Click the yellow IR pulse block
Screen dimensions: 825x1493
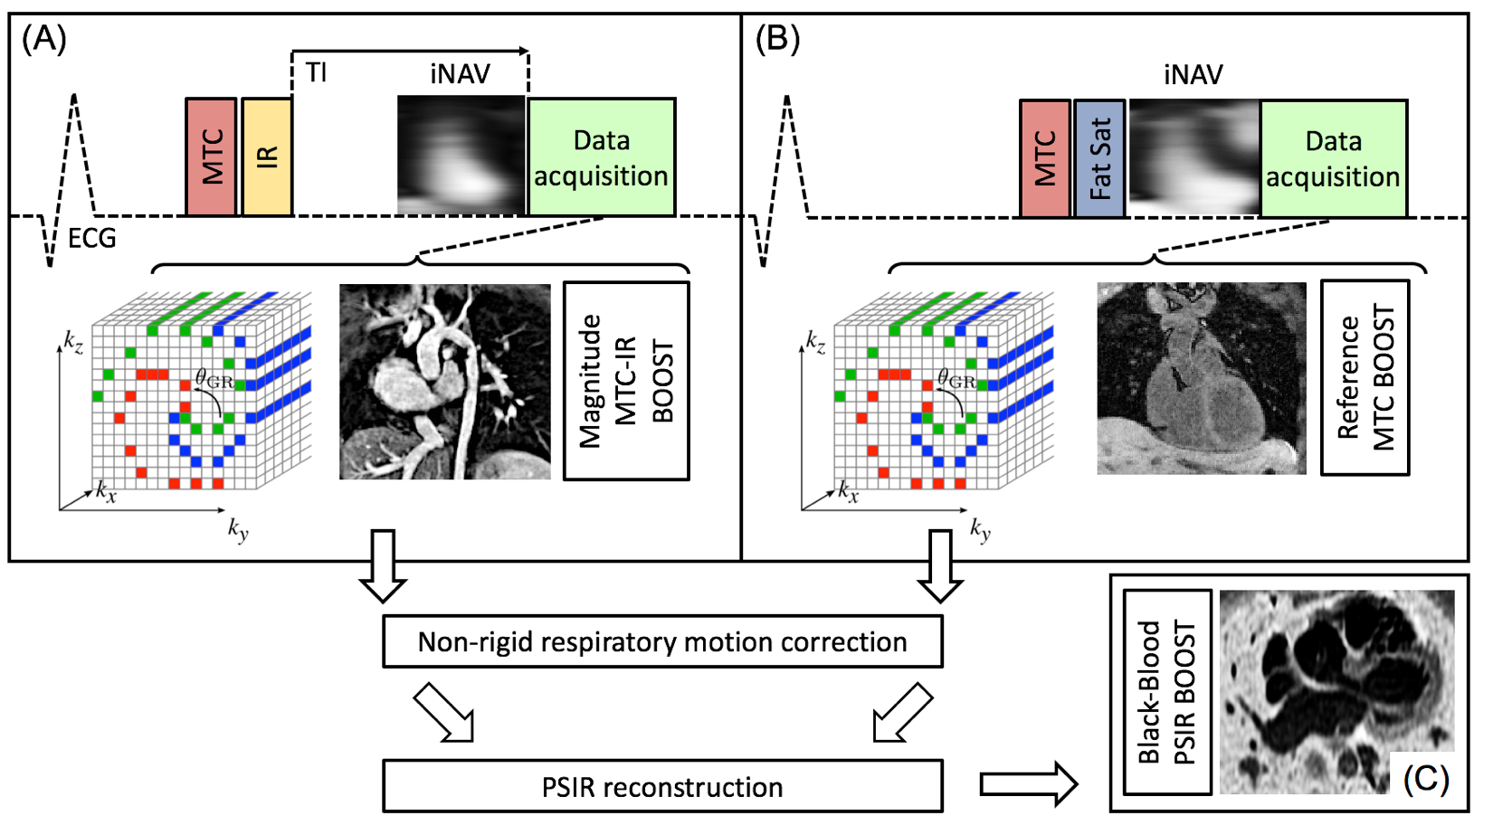point(267,157)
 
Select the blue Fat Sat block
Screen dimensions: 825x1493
point(1099,158)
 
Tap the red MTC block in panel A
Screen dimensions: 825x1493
point(211,157)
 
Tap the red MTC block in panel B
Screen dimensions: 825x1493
point(1045,158)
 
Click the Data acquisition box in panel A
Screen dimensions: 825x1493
point(602,157)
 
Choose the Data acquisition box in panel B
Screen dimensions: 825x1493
point(1334,158)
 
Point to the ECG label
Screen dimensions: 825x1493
point(92,239)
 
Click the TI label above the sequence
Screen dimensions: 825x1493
point(316,72)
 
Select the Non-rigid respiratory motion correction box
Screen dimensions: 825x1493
point(662,642)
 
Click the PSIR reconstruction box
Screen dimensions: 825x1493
point(662,787)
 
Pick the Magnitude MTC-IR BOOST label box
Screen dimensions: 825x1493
point(626,381)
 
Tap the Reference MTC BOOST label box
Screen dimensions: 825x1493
point(1365,377)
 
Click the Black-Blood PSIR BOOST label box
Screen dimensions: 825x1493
point(1167,692)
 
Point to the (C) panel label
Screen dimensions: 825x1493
point(1425,778)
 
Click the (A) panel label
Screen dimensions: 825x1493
point(43,40)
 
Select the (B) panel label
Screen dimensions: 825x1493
point(777,40)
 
